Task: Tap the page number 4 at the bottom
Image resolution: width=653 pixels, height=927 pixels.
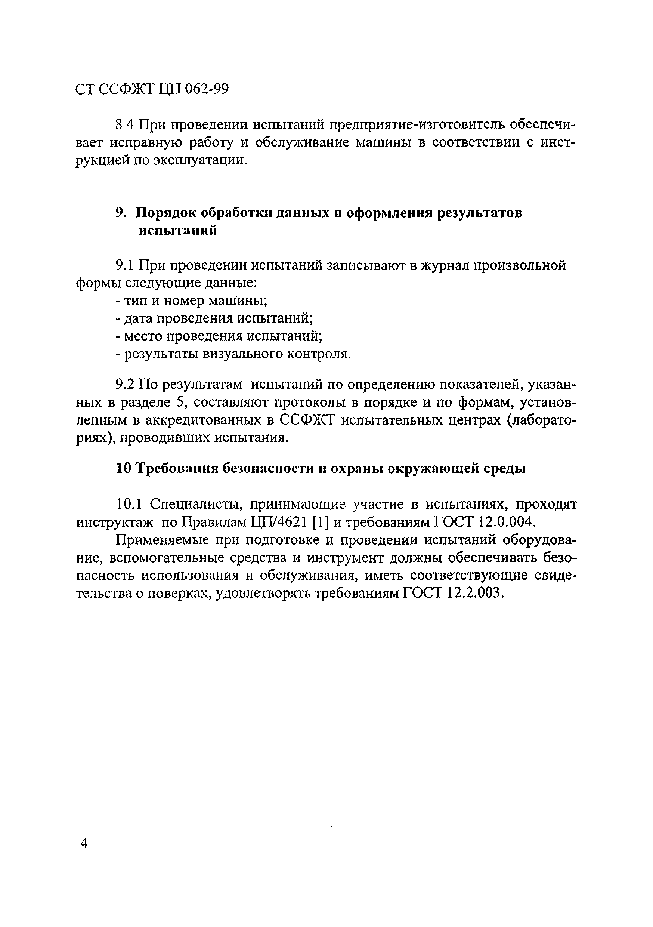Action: click(x=84, y=843)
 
